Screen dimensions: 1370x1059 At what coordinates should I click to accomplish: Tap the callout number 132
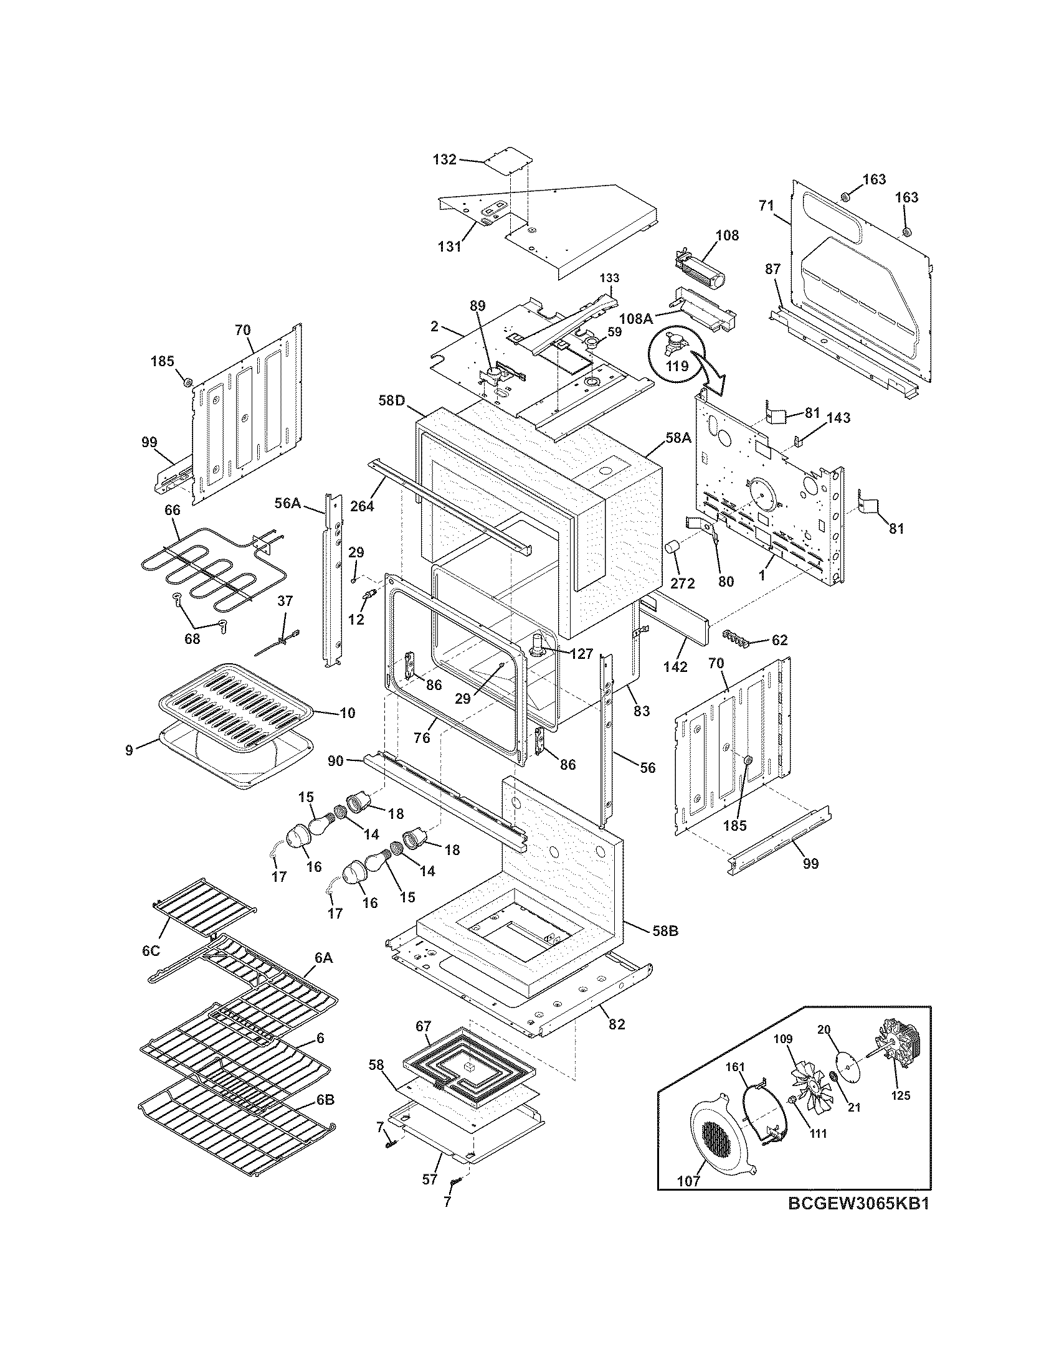[x=444, y=159]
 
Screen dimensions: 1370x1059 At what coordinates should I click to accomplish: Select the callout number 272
[x=682, y=583]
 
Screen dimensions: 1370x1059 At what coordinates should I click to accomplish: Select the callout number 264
[x=362, y=505]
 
